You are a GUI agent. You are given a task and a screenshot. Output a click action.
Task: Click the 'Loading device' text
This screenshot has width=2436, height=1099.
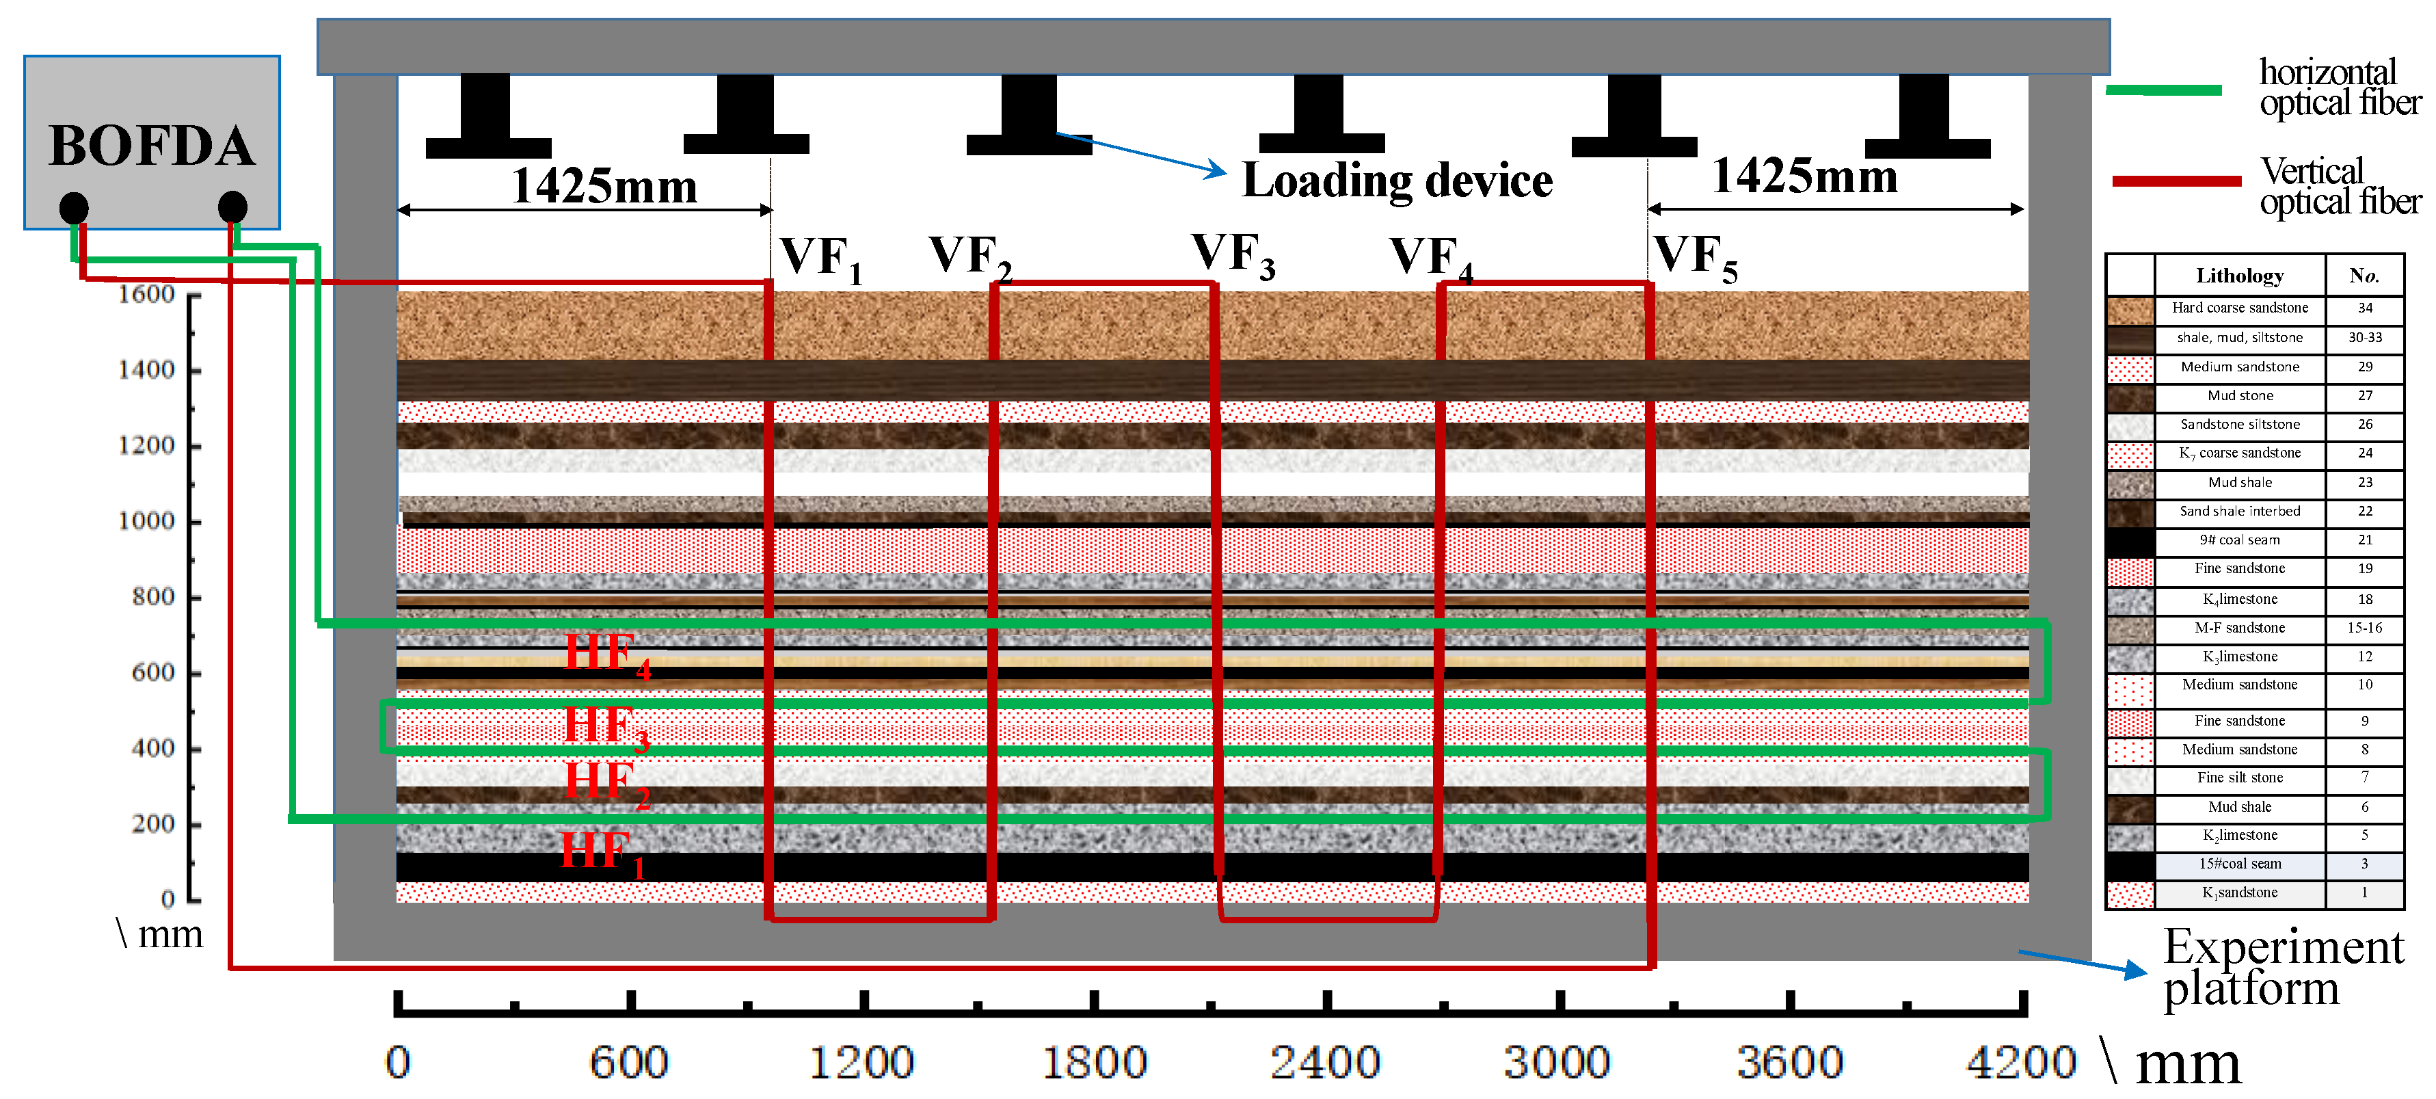pyautogui.click(x=1397, y=180)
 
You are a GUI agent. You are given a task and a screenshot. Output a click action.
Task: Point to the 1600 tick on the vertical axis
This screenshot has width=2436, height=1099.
pyautogui.click(x=146, y=294)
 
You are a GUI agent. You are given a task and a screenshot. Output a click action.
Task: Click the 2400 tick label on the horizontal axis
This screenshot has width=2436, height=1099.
pyautogui.click(x=1325, y=1062)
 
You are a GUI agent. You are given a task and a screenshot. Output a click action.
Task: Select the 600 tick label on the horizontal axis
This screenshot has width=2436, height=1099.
pyautogui.click(x=629, y=1062)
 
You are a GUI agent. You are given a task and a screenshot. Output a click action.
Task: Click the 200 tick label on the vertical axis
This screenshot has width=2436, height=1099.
pyautogui.click(x=153, y=824)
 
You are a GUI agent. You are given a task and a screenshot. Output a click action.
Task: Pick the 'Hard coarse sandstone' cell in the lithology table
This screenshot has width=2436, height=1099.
pyautogui.click(x=2239, y=308)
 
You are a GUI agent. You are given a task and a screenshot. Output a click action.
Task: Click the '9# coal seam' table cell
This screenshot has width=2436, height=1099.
pyautogui.click(x=2239, y=540)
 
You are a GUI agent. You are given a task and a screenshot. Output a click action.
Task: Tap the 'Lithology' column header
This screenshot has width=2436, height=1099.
pyautogui.click(x=2239, y=275)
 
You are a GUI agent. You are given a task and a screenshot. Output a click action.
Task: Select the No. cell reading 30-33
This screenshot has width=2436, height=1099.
pyautogui.click(x=2364, y=338)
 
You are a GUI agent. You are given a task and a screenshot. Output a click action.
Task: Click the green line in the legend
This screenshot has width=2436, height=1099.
pyautogui.click(x=2164, y=90)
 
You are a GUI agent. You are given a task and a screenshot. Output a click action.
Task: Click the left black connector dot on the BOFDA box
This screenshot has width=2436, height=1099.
pyautogui.click(x=74, y=207)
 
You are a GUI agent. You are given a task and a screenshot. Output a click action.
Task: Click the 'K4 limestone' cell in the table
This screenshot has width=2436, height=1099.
pyautogui.click(x=2239, y=600)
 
